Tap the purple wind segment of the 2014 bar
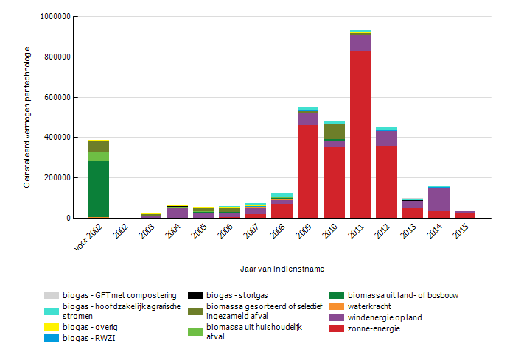click(x=438, y=200)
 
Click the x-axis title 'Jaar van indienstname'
click(x=282, y=269)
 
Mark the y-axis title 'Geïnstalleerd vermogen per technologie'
click(x=27, y=117)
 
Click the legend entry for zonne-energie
click(x=375, y=328)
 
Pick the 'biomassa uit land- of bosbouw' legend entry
click(x=403, y=295)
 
